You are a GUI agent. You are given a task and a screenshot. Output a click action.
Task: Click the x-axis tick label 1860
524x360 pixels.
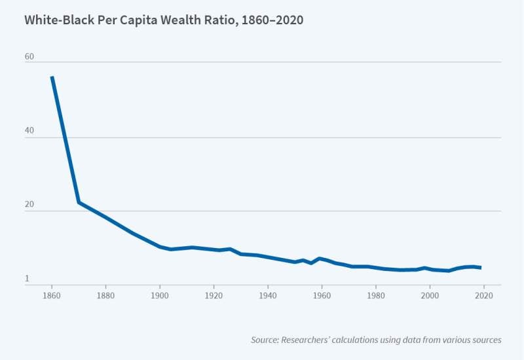pos(51,296)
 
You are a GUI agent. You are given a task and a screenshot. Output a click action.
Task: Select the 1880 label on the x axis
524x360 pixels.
pos(105,296)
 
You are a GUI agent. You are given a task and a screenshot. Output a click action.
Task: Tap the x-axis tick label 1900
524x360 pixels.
pos(159,296)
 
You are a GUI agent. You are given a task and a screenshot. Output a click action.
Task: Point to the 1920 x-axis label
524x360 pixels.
pos(214,296)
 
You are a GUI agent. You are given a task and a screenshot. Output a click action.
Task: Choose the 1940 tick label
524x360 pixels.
pos(267,296)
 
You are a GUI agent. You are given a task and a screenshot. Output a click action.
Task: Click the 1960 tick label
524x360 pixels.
pos(322,296)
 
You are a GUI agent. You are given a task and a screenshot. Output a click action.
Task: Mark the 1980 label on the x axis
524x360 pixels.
pos(375,296)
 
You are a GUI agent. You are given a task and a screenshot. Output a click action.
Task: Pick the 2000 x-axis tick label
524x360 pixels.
pos(430,296)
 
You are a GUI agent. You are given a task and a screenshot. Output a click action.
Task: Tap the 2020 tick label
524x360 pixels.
pos(483,296)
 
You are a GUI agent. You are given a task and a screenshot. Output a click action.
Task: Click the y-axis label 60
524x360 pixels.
pos(29,56)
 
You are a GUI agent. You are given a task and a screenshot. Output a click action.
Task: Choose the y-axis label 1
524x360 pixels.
pos(28,279)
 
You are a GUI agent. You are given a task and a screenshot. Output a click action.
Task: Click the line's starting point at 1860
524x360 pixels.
pos(52,77)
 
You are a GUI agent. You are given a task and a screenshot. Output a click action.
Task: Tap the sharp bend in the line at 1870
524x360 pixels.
pos(79,202)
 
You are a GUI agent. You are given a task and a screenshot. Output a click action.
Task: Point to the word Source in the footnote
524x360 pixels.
pos(265,340)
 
